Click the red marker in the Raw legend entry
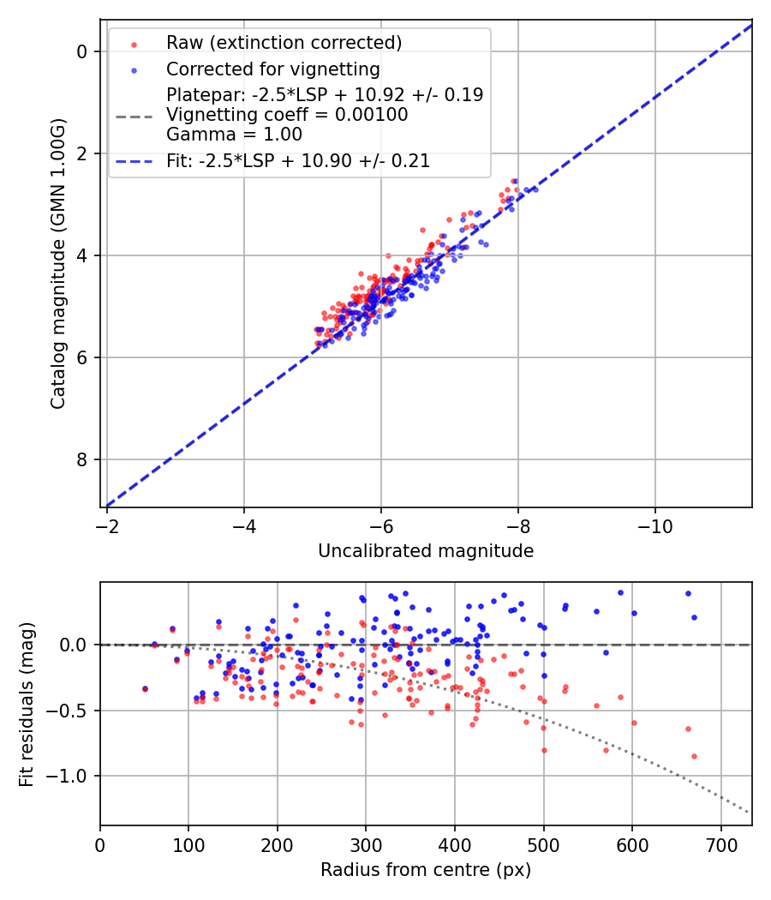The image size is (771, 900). (134, 44)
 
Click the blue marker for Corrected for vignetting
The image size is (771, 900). (134, 69)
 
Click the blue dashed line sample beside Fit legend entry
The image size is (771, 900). (134, 161)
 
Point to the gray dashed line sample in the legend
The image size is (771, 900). (134, 115)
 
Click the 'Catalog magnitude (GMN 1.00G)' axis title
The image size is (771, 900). (57, 262)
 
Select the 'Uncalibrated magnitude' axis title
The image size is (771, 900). (426, 551)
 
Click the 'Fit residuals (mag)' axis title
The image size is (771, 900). (27, 704)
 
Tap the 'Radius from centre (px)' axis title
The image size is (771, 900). (426, 870)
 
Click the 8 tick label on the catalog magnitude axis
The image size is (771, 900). (82, 460)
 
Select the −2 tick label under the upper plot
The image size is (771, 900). (107, 524)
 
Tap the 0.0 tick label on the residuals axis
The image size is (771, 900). (75, 645)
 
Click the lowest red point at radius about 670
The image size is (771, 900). (694, 756)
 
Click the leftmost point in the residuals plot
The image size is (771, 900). (145, 689)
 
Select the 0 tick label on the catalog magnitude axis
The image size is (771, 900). (82, 51)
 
